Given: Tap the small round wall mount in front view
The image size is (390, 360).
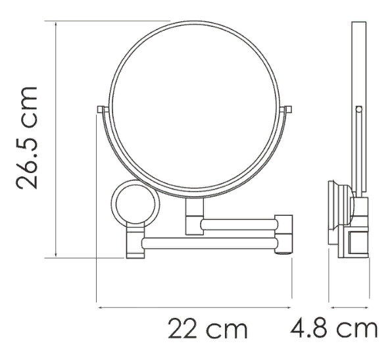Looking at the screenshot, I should [135, 204].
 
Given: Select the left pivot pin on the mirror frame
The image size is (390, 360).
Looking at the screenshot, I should [100, 109].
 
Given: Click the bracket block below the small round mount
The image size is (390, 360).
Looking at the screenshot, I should [134, 243].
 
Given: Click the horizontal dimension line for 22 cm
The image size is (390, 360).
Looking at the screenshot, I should [194, 306].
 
